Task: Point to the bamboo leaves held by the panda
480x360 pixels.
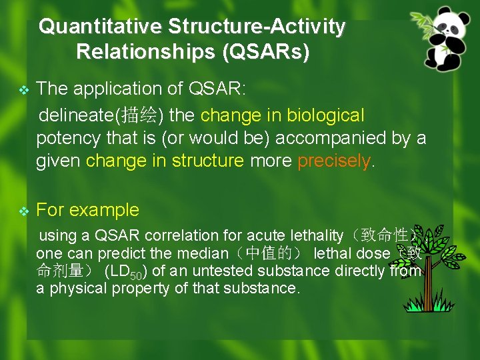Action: click(x=421, y=20)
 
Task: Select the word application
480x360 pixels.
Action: click(x=107, y=89)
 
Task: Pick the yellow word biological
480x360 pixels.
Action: click(x=325, y=115)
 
